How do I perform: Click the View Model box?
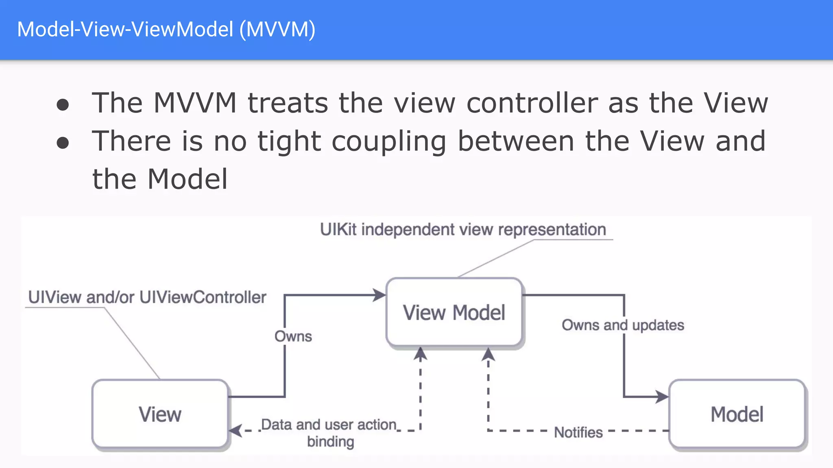click(454, 312)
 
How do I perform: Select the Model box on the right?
click(737, 414)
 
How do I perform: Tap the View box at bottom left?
click(160, 414)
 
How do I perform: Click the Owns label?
click(293, 336)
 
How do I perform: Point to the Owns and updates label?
click(623, 325)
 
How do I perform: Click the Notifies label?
click(578, 432)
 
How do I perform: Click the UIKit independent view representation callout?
click(463, 230)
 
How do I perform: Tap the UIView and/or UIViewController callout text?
click(147, 297)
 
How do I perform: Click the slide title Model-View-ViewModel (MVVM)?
click(166, 29)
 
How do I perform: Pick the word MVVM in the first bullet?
click(195, 103)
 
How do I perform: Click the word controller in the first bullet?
click(532, 103)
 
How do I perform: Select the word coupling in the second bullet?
click(389, 141)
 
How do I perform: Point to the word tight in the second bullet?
click(289, 141)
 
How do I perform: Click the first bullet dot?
click(63, 104)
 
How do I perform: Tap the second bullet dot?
click(63, 143)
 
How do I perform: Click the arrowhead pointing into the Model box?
click(663, 396)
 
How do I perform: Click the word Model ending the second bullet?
click(187, 179)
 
